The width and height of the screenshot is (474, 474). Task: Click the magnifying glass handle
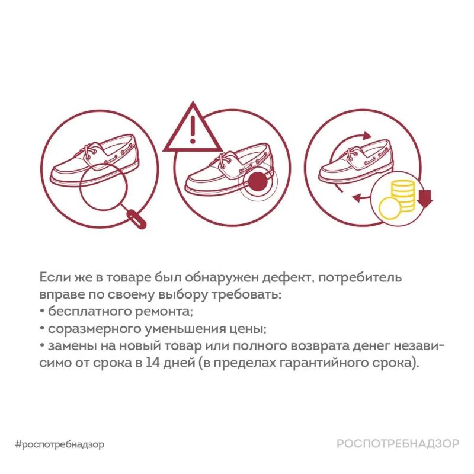click(x=134, y=218)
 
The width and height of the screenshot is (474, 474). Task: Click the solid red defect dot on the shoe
click(x=258, y=182)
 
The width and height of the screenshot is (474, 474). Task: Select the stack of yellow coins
click(x=403, y=196)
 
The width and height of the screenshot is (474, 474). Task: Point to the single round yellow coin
click(x=389, y=209)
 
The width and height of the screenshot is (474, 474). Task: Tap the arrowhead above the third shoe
click(x=367, y=136)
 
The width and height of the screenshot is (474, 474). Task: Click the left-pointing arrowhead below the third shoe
click(x=357, y=198)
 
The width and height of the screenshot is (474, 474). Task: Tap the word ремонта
click(x=164, y=312)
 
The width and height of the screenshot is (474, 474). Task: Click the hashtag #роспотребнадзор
click(x=60, y=444)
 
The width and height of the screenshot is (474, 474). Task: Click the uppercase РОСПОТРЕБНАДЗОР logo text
click(x=398, y=443)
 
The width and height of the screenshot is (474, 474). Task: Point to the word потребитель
click(x=360, y=277)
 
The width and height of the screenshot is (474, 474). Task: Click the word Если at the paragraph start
click(x=55, y=277)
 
